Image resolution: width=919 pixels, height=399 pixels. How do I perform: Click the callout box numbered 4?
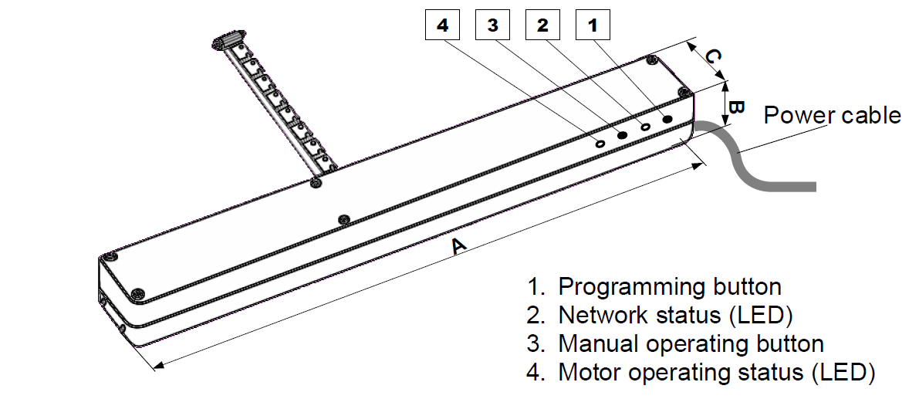pyautogui.click(x=442, y=25)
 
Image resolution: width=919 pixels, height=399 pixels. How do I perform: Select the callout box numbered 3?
pyautogui.click(x=492, y=25)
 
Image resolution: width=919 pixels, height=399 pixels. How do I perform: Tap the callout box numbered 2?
pyautogui.click(x=542, y=25)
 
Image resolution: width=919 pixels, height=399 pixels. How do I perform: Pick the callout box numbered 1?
pyautogui.click(x=593, y=25)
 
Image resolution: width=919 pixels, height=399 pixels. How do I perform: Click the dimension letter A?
pyautogui.click(x=459, y=245)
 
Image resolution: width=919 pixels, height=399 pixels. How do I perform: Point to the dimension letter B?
pyautogui.click(x=736, y=107)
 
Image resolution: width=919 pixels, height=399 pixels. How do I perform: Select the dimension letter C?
pyautogui.click(x=712, y=57)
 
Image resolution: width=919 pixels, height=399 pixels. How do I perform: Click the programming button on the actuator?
pyautogui.click(x=667, y=119)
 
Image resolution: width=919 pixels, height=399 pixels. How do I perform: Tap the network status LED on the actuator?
pyautogui.click(x=645, y=127)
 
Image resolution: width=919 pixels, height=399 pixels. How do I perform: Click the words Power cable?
pyautogui.click(x=833, y=116)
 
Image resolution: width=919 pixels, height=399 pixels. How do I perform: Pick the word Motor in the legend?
pyautogui.click(x=589, y=372)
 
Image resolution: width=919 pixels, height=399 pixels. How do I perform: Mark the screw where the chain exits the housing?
pyautogui.click(x=316, y=182)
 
